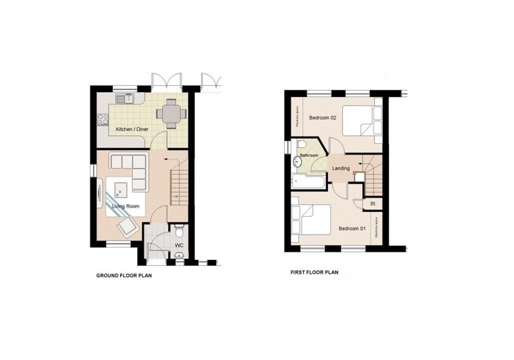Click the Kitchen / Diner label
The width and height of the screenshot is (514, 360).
tap(132, 129)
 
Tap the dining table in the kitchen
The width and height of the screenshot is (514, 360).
tap(170, 112)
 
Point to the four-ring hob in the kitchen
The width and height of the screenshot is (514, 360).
tap(103, 119)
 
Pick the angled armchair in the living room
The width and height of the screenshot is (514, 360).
tap(127, 227)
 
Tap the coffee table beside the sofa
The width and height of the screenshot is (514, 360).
tap(121, 188)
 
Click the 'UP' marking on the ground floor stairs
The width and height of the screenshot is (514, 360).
tap(176, 196)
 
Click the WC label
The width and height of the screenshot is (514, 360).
tap(179, 245)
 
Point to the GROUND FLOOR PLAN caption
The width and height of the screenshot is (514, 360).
tap(124, 275)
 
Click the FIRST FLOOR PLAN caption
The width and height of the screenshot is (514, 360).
tap(314, 272)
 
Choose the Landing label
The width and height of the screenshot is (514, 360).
tap(341, 168)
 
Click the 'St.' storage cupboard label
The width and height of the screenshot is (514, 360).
tap(373, 204)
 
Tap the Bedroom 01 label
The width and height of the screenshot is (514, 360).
tap(352, 228)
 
